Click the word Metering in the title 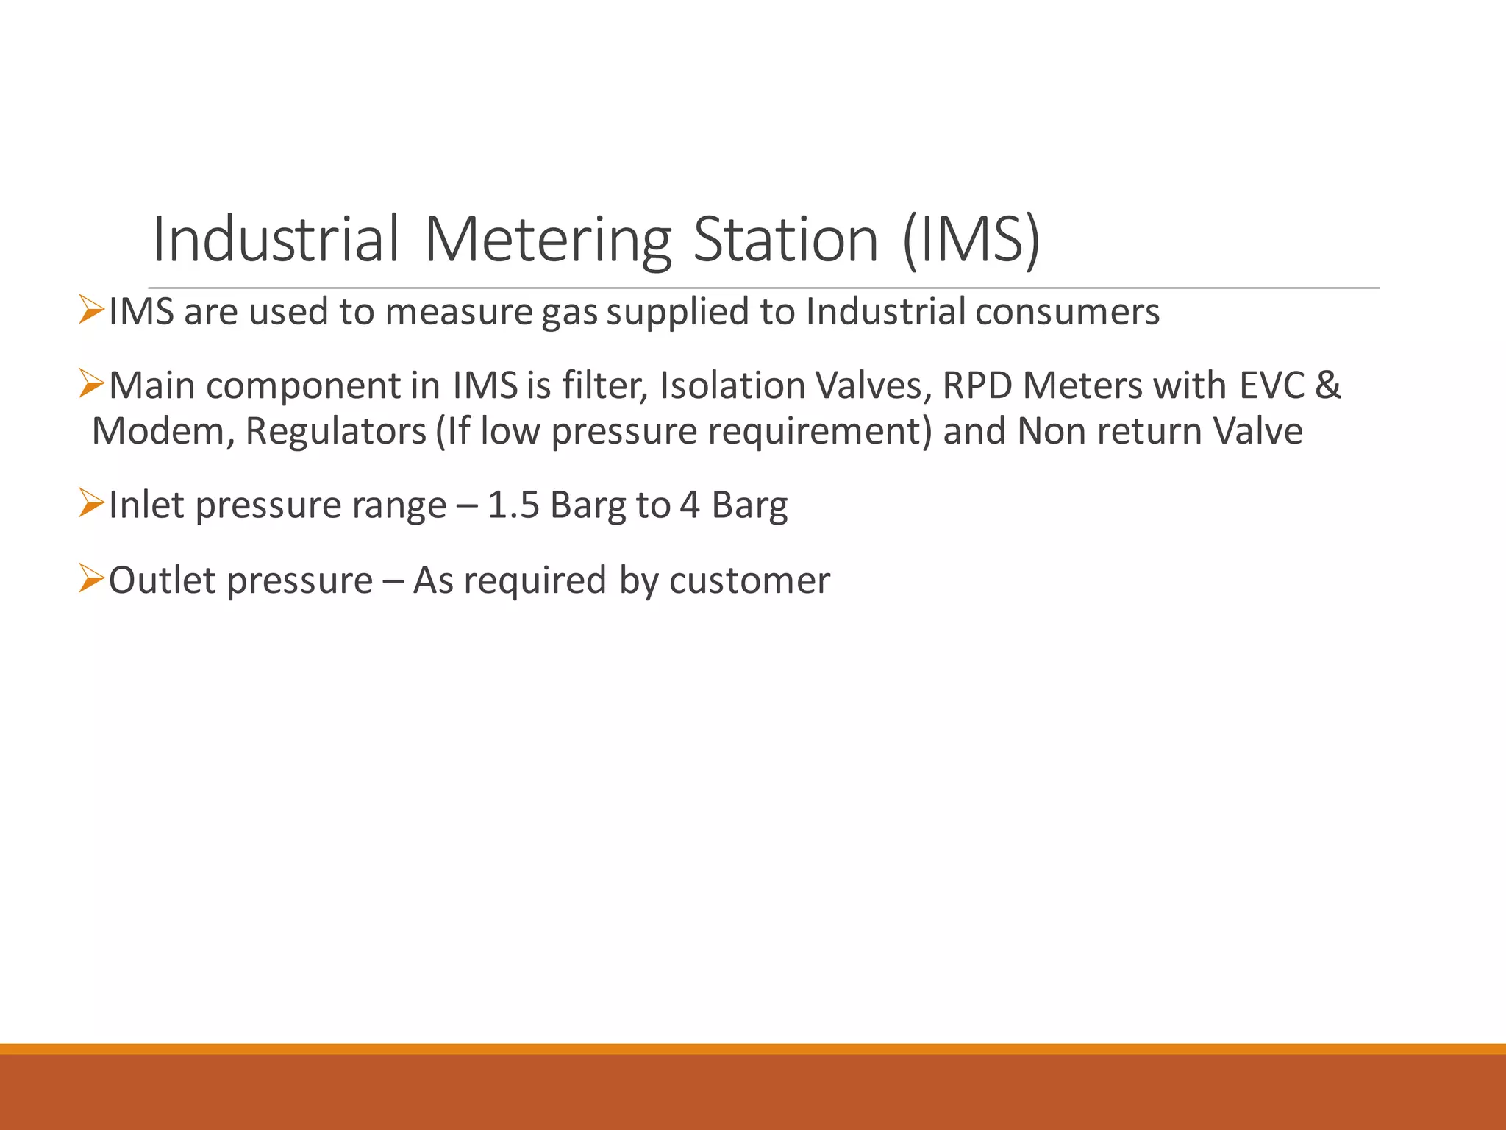point(548,240)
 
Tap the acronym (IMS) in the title point(971,240)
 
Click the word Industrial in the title point(276,240)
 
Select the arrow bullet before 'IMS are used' point(91,310)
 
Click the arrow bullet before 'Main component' point(91,384)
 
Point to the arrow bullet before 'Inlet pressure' point(91,504)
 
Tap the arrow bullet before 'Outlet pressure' point(91,579)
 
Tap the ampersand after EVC point(1327,385)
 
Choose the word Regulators point(336,431)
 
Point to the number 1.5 point(513,505)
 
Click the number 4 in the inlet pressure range point(689,505)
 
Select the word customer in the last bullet point(749,580)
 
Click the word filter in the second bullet point(604,385)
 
